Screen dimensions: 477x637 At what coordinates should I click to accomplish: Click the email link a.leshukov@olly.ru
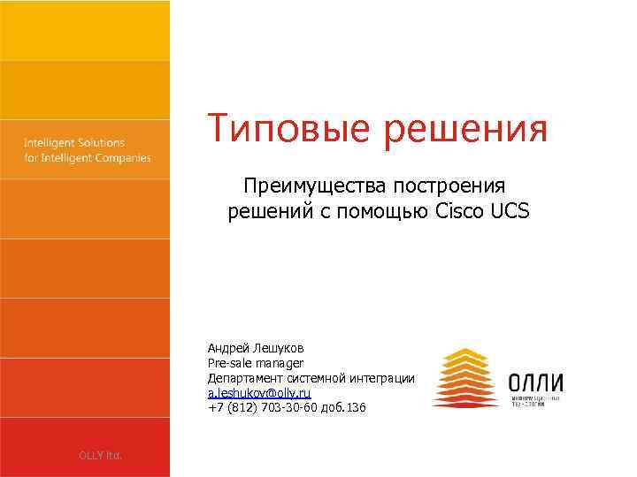259,392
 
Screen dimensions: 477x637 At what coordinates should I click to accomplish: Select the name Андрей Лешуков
256,349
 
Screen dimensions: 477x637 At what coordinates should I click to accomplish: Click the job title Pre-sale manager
256,363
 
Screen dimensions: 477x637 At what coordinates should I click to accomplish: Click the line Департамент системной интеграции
311,378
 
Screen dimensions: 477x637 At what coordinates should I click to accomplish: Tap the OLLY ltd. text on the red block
100,455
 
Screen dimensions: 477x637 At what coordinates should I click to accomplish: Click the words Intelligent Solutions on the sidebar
74,142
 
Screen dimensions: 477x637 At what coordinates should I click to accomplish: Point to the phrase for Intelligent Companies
87,158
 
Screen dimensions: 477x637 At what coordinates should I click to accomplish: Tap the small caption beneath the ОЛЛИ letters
536,403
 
